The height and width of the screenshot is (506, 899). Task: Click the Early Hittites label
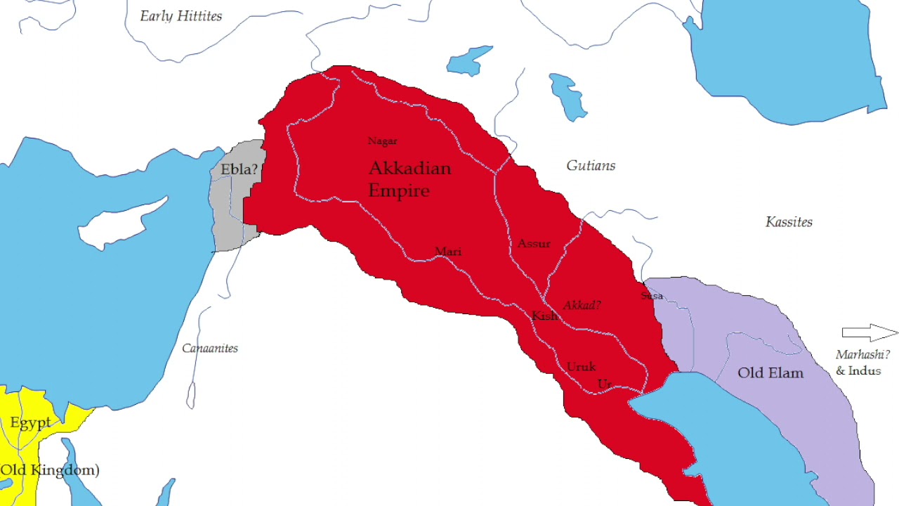(x=181, y=16)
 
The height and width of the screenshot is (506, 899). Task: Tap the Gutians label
(x=591, y=166)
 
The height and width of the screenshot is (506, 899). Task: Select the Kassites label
(x=789, y=222)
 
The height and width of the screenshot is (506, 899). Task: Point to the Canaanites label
(x=210, y=348)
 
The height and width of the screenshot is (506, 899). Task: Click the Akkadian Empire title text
(x=409, y=179)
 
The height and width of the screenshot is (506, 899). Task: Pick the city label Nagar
(x=383, y=141)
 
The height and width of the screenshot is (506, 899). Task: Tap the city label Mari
(x=448, y=252)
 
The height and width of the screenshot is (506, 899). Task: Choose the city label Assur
(x=534, y=244)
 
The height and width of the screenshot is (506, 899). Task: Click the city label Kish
(x=544, y=316)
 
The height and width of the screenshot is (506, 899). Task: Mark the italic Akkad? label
(x=582, y=306)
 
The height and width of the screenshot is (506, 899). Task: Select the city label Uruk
(x=581, y=367)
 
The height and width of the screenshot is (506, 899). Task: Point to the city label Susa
(x=652, y=296)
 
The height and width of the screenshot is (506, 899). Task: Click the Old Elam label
(x=770, y=373)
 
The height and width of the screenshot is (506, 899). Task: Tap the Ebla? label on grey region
(x=239, y=170)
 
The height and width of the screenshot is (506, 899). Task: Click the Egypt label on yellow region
(x=30, y=423)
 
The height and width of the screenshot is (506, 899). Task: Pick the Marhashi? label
(x=862, y=355)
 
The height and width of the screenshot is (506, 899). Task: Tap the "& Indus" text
(x=858, y=371)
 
